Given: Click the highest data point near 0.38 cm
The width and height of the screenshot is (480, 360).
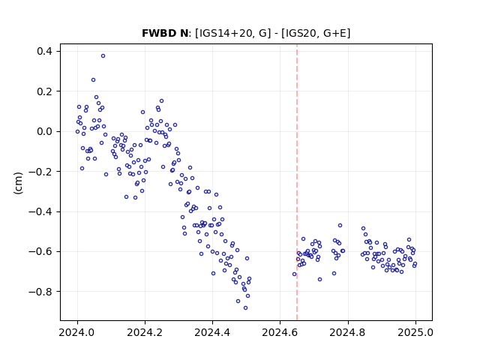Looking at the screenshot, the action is point(103,56).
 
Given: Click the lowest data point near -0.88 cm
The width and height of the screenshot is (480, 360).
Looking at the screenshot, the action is point(245,308).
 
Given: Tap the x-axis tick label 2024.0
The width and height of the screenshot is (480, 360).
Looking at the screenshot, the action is point(77,332).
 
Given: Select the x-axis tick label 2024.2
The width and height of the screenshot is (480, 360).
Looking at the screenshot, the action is point(145,332).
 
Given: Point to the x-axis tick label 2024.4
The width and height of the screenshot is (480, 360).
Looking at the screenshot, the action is point(212,332).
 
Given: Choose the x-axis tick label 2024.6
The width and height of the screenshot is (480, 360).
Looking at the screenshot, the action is point(280,332).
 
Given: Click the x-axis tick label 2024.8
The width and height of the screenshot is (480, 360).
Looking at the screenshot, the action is point(348,332).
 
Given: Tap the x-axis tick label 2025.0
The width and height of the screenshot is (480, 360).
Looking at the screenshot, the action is point(415,332).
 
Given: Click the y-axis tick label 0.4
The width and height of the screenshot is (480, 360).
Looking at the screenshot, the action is point(44,51).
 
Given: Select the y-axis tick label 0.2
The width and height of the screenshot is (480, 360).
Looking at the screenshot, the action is point(44,91).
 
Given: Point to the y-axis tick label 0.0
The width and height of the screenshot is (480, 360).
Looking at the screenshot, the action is point(44,131).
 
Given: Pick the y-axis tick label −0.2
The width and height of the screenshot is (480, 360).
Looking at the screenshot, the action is point(40,172).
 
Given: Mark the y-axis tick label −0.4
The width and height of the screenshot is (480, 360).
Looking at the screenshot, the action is point(40,211).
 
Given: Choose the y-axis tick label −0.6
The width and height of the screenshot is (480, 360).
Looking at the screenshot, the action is point(40,252).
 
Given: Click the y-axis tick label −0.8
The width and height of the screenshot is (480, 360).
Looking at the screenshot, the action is point(40,292).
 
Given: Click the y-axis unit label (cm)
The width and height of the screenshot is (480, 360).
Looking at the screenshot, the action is point(18,183).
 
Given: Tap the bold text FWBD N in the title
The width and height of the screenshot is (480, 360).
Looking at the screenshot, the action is point(165,33).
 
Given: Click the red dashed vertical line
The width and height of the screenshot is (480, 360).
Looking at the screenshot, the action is point(297,182).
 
